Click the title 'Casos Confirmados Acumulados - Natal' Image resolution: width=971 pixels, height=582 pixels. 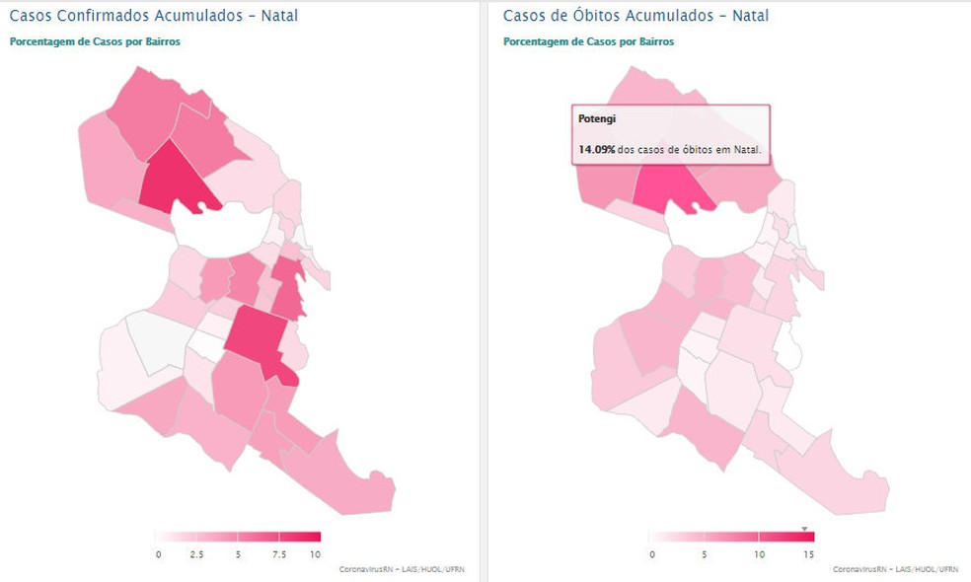[153, 16]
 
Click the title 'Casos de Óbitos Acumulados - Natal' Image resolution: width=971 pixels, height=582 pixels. [635, 16]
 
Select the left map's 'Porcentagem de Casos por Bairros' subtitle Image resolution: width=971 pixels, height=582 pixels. [95, 41]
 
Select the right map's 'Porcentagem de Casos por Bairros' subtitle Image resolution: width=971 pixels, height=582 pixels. [588, 41]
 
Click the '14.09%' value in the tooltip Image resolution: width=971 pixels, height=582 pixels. [597, 150]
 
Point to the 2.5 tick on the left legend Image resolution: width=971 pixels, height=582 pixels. [196, 554]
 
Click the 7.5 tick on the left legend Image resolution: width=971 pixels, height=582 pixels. [279, 554]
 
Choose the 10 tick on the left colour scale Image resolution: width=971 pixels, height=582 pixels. [316, 554]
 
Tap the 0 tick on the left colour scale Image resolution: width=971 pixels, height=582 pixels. [158, 554]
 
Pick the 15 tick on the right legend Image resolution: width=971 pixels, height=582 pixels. [808, 554]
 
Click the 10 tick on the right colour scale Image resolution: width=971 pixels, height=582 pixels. [759, 554]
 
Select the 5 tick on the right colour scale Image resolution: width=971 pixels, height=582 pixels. [705, 554]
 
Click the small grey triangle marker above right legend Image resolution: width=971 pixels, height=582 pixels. [804, 529]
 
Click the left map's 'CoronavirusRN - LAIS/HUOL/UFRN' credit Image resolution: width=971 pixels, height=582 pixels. [402, 569]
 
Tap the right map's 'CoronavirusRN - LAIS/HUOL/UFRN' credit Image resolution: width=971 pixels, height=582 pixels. [895, 569]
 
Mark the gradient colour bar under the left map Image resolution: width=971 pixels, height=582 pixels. [238, 537]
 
